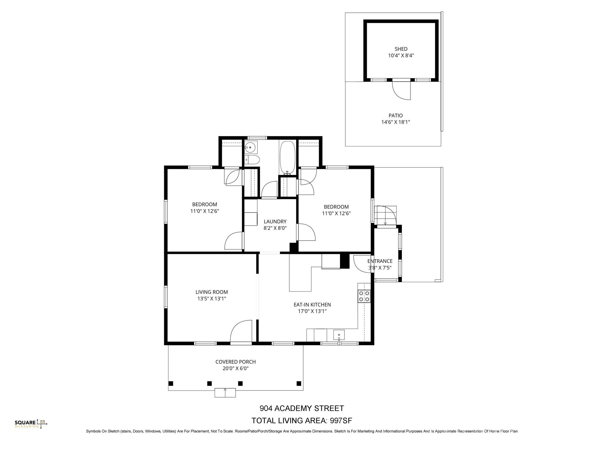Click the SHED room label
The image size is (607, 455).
(x=401, y=49)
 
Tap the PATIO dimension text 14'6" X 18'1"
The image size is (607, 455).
(x=396, y=122)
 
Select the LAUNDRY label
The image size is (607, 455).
(x=275, y=222)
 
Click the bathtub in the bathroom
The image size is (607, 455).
(x=287, y=158)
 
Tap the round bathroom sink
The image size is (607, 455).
(x=251, y=147)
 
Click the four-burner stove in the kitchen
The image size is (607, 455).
(x=364, y=296)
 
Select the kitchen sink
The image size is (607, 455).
(x=339, y=335)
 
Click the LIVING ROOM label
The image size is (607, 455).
(x=212, y=292)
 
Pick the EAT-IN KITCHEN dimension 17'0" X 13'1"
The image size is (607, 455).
(x=312, y=311)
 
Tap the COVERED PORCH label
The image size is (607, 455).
(x=235, y=362)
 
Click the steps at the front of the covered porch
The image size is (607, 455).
(x=225, y=393)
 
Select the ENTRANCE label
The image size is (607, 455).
(x=380, y=261)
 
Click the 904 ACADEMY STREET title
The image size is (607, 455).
(x=302, y=408)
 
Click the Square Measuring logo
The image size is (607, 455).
(x=31, y=424)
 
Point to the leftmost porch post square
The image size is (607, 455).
(x=171, y=384)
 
